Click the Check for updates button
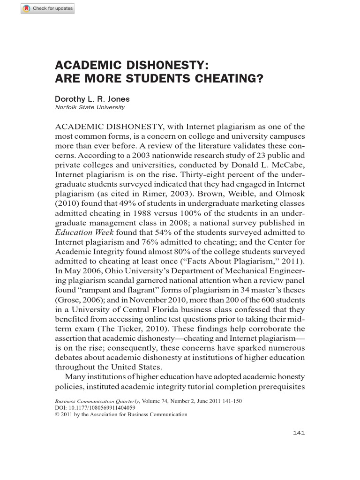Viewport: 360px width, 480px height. point(47,9)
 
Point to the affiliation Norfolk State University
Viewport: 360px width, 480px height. point(90,107)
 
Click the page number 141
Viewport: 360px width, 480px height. point(299,433)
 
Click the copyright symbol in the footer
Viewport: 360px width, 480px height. point(57,414)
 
